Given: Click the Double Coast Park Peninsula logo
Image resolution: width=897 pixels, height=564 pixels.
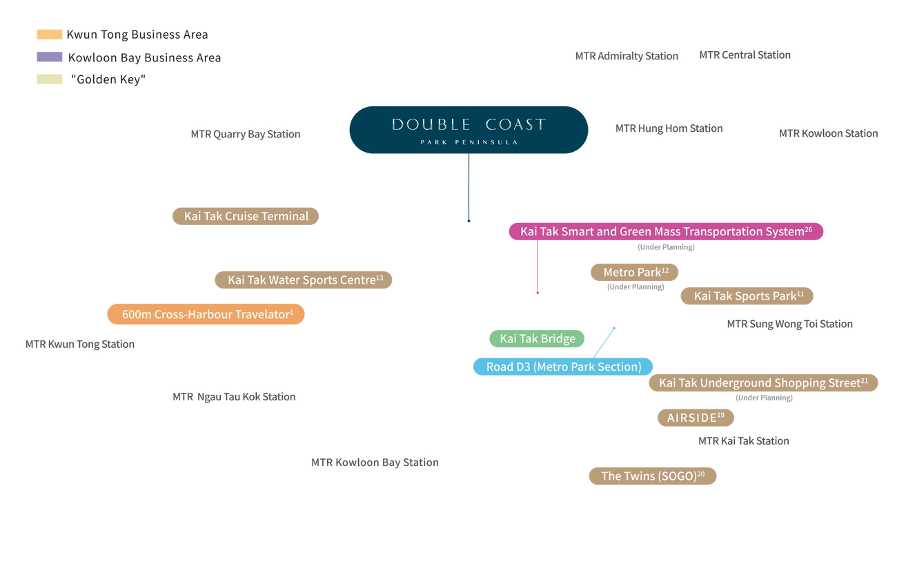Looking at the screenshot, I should click(x=469, y=129).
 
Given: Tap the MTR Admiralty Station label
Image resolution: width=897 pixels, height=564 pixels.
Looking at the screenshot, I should click(x=627, y=56).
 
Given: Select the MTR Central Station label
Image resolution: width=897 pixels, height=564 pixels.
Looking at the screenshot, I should click(x=745, y=55).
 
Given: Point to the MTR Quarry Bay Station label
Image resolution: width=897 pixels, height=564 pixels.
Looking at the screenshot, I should click(x=246, y=134).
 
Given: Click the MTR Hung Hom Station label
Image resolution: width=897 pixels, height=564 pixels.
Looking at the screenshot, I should click(x=669, y=128).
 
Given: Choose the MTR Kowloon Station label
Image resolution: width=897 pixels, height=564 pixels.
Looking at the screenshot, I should click(x=828, y=133).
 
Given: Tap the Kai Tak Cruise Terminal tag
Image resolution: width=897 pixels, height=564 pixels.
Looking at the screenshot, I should click(x=246, y=216).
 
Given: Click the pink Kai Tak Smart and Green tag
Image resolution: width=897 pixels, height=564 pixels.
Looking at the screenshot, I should click(x=666, y=232).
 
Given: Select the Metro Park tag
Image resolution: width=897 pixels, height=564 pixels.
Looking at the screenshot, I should click(x=635, y=273).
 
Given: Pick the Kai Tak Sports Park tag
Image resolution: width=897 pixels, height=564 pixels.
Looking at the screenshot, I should click(x=748, y=296).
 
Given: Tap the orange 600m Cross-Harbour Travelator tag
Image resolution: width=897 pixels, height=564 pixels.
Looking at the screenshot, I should click(x=207, y=314).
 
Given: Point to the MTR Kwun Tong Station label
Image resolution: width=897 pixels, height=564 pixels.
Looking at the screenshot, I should click(x=80, y=344).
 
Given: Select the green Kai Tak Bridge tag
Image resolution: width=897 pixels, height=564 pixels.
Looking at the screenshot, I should click(x=538, y=339).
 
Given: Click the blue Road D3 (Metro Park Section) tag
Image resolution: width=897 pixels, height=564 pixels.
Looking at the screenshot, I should click(x=563, y=367).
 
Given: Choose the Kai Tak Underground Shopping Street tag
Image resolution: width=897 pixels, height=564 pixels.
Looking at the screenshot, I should click(x=763, y=383).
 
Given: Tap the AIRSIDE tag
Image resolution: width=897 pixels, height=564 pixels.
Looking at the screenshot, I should click(x=696, y=418).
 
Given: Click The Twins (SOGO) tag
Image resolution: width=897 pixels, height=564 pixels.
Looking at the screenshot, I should click(x=652, y=476).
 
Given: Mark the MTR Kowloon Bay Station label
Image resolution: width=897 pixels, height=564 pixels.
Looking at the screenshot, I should click(x=375, y=462).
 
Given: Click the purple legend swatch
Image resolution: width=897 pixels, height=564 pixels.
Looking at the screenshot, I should click(x=49, y=58).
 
